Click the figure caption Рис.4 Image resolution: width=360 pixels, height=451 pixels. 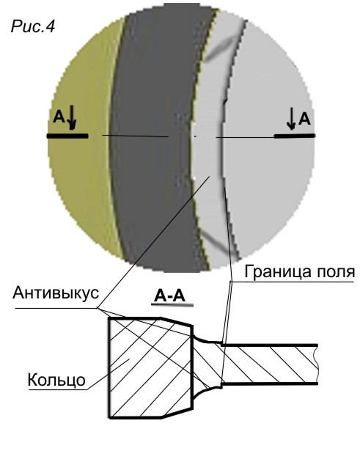coord(33,26)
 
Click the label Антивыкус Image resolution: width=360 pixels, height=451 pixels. coord(56,293)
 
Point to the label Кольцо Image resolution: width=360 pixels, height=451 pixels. coord(56,380)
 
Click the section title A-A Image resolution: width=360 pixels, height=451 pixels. coord(169,296)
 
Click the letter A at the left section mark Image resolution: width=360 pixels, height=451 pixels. coord(59,117)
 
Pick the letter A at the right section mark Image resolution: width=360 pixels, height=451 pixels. coord(304,119)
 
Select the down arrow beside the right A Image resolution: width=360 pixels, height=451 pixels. coord(291,118)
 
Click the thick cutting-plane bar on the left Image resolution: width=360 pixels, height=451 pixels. coord(67,136)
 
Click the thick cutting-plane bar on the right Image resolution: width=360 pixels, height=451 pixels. coord(294,136)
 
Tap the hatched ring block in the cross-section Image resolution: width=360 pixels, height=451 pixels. coord(150,367)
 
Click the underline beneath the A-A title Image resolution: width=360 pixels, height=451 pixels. coord(172,304)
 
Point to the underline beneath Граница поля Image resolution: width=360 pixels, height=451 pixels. coord(291,282)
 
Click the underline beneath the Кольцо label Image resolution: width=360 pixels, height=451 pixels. coord(58,389)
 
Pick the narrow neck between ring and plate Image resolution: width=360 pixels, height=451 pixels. coord(207,363)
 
